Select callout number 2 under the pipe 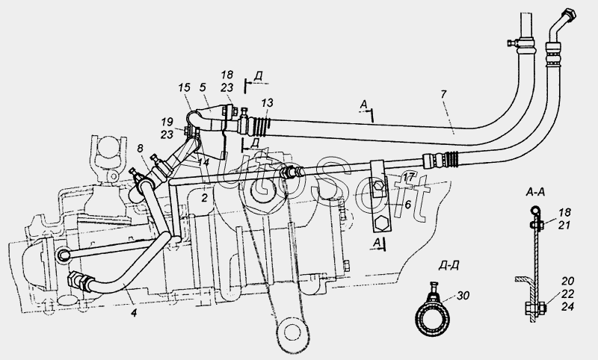(203, 197)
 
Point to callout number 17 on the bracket (408, 176)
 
